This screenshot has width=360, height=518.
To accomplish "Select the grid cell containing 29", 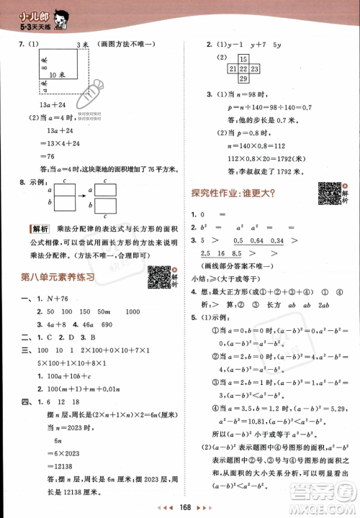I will (x=243, y=78).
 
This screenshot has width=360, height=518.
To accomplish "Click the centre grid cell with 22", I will (x=243, y=68).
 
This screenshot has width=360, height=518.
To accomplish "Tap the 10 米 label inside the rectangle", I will (x=57, y=73).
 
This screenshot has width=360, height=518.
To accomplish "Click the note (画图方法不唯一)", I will (x=128, y=45).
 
